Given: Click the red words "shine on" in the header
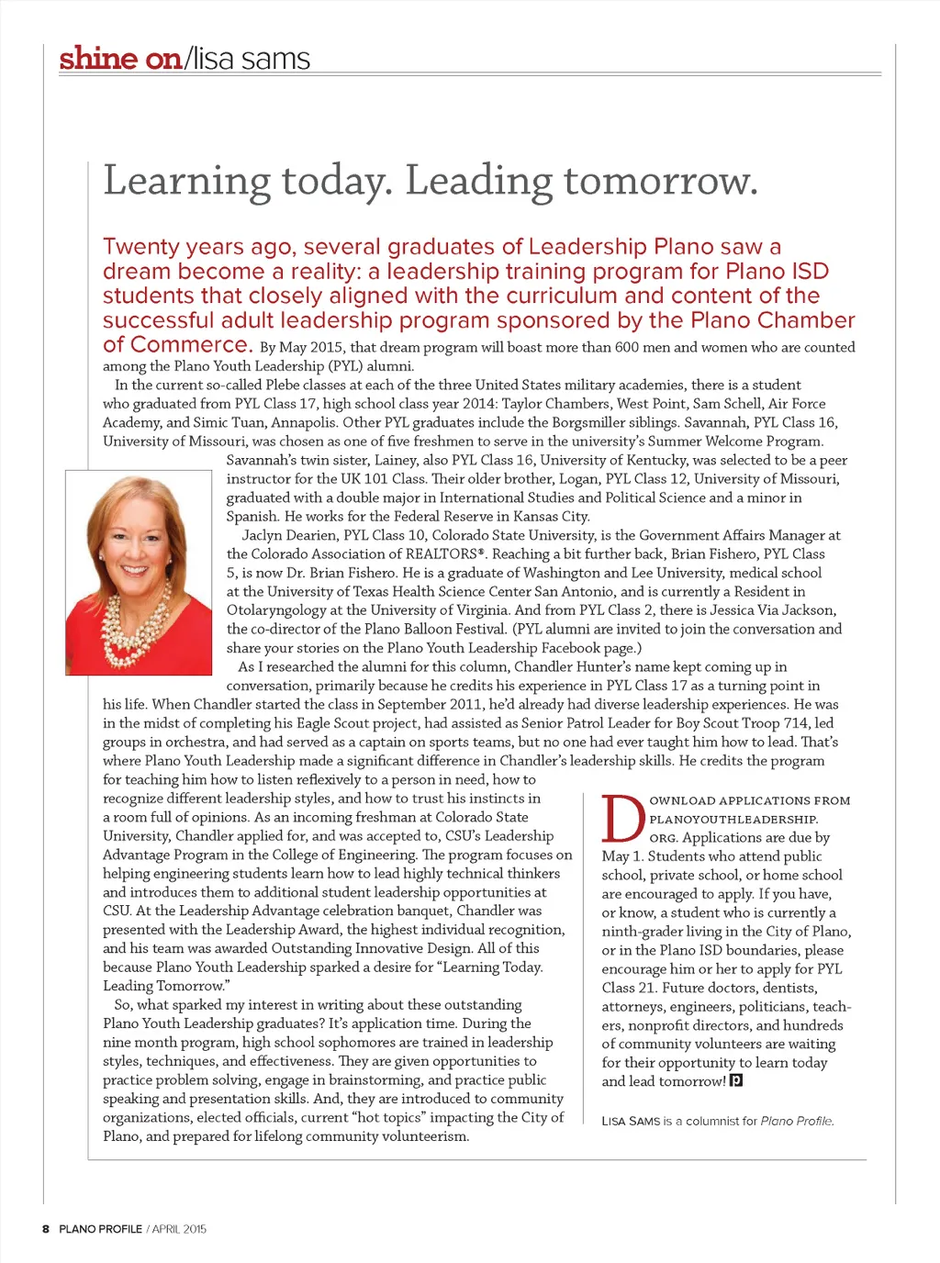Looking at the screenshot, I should coord(120,59).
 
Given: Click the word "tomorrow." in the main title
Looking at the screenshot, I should coord(661,181).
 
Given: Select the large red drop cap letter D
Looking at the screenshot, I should coord(622,819).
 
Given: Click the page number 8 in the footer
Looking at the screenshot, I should coord(45,1229).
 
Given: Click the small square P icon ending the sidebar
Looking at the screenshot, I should coord(735,1080).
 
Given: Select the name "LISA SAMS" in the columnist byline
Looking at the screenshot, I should coord(631,1121).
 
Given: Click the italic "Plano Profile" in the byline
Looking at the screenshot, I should coord(797,1121).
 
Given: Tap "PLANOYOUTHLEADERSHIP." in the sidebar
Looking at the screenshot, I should coord(733,819).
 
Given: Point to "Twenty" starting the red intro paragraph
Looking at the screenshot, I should coord(140,247).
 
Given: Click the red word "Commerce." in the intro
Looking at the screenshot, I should coord(177,345).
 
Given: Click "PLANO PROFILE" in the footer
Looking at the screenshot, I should coord(100,1229).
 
